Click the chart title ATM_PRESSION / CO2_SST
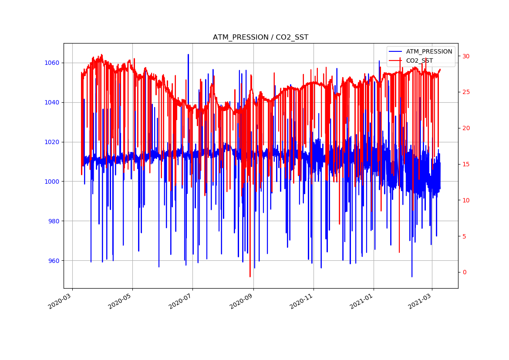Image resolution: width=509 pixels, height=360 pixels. click(x=260, y=37)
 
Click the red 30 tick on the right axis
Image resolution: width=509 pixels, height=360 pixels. click(x=466, y=56)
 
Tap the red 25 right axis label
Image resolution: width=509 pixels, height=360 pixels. click(x=466, y=92)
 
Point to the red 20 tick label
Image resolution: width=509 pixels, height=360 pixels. click(x=466, y=128)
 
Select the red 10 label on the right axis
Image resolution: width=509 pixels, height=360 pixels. click(x=466, y=200)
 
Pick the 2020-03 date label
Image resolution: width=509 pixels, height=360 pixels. click(x=60, y=303)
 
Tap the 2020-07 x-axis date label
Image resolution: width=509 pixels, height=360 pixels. click(x=180, y=303)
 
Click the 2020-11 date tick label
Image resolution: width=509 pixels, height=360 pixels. click(x=301, y=303)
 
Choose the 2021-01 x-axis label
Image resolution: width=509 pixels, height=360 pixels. click(x=361, y=303)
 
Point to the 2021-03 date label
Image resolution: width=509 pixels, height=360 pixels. click(x=420, y=303)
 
